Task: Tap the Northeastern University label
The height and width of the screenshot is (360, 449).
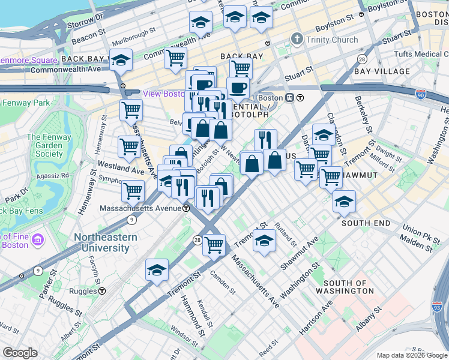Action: tap(106, 242)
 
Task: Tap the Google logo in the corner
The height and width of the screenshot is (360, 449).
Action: tap(20, 353)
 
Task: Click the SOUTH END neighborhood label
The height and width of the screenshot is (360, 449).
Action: tap(366, 223)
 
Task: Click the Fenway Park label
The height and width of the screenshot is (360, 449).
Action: tap(26, 103)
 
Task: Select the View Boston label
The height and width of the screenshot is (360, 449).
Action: tap(163, 94)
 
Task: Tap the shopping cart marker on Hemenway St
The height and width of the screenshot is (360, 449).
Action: tap(129, 146)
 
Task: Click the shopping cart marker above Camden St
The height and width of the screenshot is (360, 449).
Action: tap(213, 244)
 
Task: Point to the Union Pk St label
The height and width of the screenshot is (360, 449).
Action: tap(418, 230)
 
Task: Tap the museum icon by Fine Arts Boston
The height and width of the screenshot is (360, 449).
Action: tap(38, 240)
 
